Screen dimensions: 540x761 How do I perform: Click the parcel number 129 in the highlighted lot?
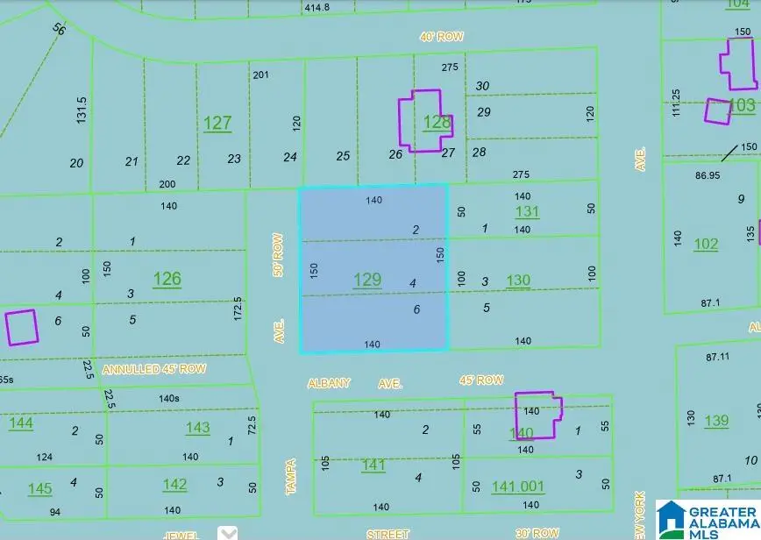point(366,280)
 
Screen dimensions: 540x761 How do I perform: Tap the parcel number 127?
point(217,123)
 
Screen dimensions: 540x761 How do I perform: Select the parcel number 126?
point(167,279)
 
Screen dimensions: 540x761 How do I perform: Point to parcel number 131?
point(527,211)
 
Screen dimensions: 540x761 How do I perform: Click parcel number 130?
point(518,281)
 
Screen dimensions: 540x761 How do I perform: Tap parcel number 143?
point(197,427)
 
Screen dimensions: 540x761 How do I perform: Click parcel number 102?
point(706,244)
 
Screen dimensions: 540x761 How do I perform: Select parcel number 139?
point(716,420)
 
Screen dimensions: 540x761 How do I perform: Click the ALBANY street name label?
point(329,383)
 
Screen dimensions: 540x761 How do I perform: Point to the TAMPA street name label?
point(291,477)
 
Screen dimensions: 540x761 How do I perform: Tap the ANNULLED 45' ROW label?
point(154,369)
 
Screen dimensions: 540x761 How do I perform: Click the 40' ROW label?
point(440,37)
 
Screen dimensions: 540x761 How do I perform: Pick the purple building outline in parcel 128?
point(419,120)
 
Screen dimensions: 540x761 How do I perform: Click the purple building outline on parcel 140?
point(537,414)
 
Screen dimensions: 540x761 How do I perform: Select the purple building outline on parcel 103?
point(717,111)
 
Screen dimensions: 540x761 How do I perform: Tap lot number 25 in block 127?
point(343,156)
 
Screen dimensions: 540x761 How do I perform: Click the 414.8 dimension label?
point(317,7)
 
